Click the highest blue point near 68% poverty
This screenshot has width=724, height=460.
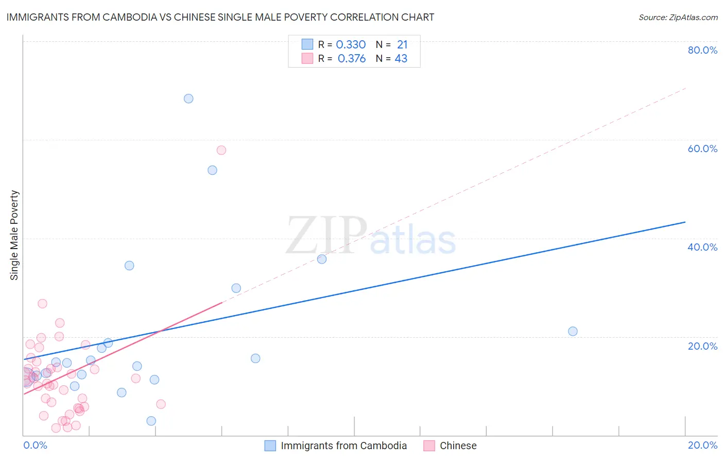[188, 98]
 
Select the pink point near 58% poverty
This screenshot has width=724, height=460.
[221, 150]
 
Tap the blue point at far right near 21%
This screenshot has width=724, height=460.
[573, 331]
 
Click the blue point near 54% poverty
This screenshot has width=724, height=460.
[212, 170]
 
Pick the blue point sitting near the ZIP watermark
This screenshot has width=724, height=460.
[322, 259]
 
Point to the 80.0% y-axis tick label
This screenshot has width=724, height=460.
[702, 50]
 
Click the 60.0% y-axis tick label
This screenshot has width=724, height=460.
[702, 149]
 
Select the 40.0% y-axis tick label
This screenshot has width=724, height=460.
[702, 247]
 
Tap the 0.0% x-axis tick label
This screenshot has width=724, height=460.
[36, 445]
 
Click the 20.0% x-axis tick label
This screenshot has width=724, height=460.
[702, 445]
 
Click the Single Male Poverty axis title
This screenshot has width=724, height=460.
[14, 235]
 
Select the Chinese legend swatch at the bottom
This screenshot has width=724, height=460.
[429, 446]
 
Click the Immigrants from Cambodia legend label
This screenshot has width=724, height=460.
[343, 446]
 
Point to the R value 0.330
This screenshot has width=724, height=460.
[351, 45]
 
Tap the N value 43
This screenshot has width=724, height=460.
[401, 59]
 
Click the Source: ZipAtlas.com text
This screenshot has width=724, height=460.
[678, 18]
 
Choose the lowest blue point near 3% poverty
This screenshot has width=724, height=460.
[151, 421]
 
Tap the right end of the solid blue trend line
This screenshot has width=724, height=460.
[685, 222]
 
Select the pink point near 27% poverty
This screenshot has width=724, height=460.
[43, 304]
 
